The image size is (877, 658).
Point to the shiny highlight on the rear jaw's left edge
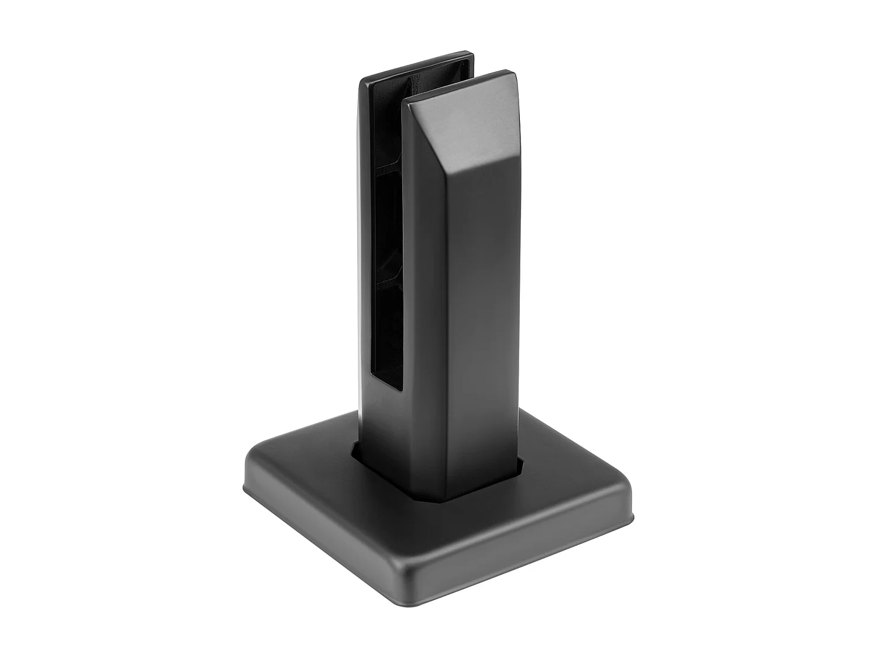(357, 234)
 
